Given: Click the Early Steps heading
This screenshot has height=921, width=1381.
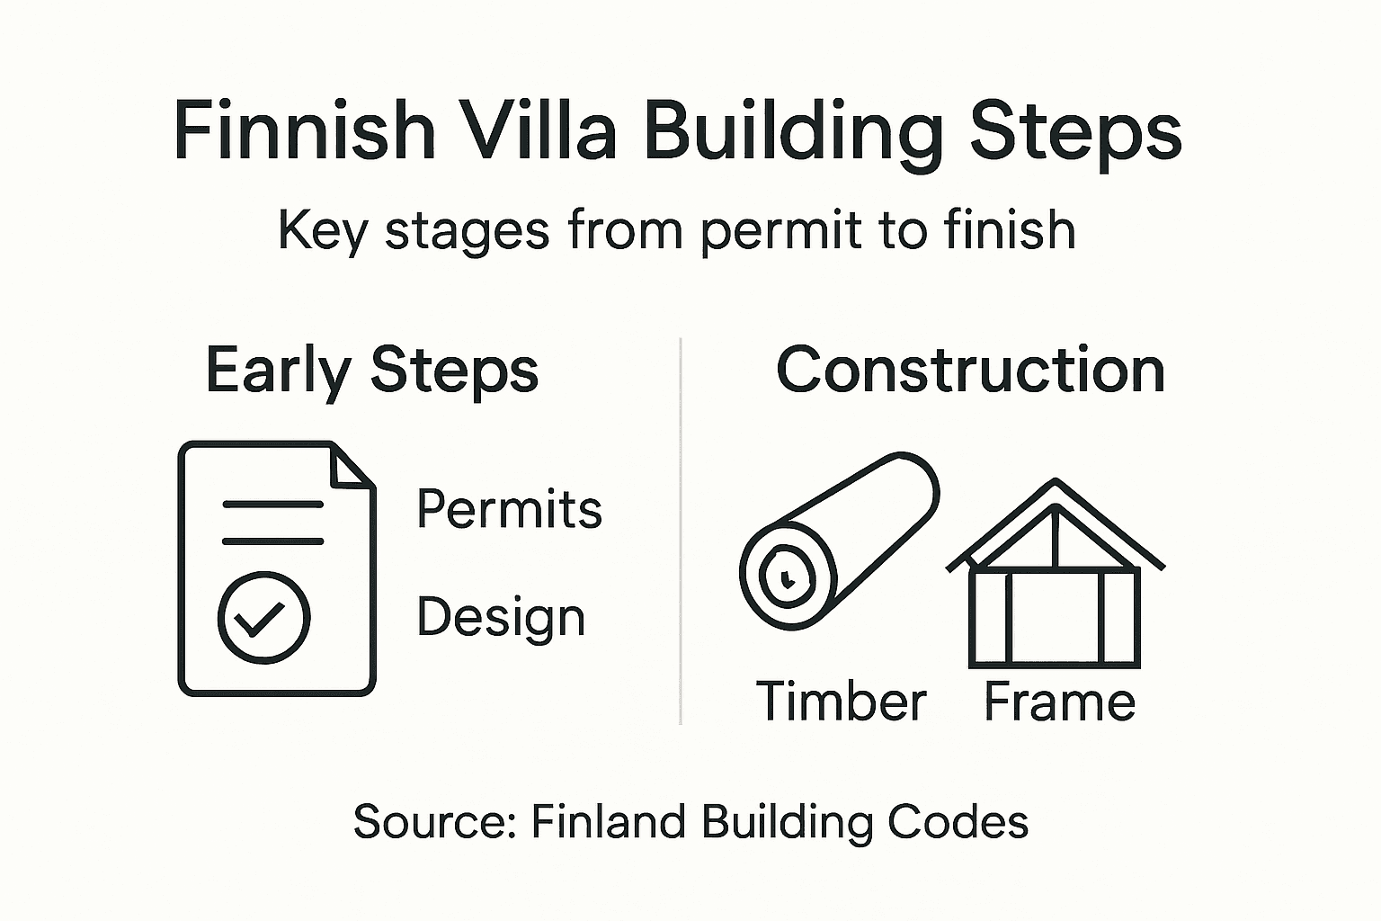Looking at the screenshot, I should coord(371,370).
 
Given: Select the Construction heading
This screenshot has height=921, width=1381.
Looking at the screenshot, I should coord(970,370).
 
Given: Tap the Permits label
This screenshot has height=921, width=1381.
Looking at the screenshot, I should coord(509,509).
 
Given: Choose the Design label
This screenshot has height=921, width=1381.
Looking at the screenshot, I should coord(501,618).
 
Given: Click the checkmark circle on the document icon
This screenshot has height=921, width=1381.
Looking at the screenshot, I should coord(263,618).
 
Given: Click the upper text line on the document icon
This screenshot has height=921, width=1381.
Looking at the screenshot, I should coord(272,505).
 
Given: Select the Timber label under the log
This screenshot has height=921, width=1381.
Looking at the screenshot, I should coord(841,702).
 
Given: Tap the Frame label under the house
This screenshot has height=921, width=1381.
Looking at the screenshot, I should coord(1059,702).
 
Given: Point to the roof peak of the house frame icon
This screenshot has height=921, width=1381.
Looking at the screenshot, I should coord(1056,487).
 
